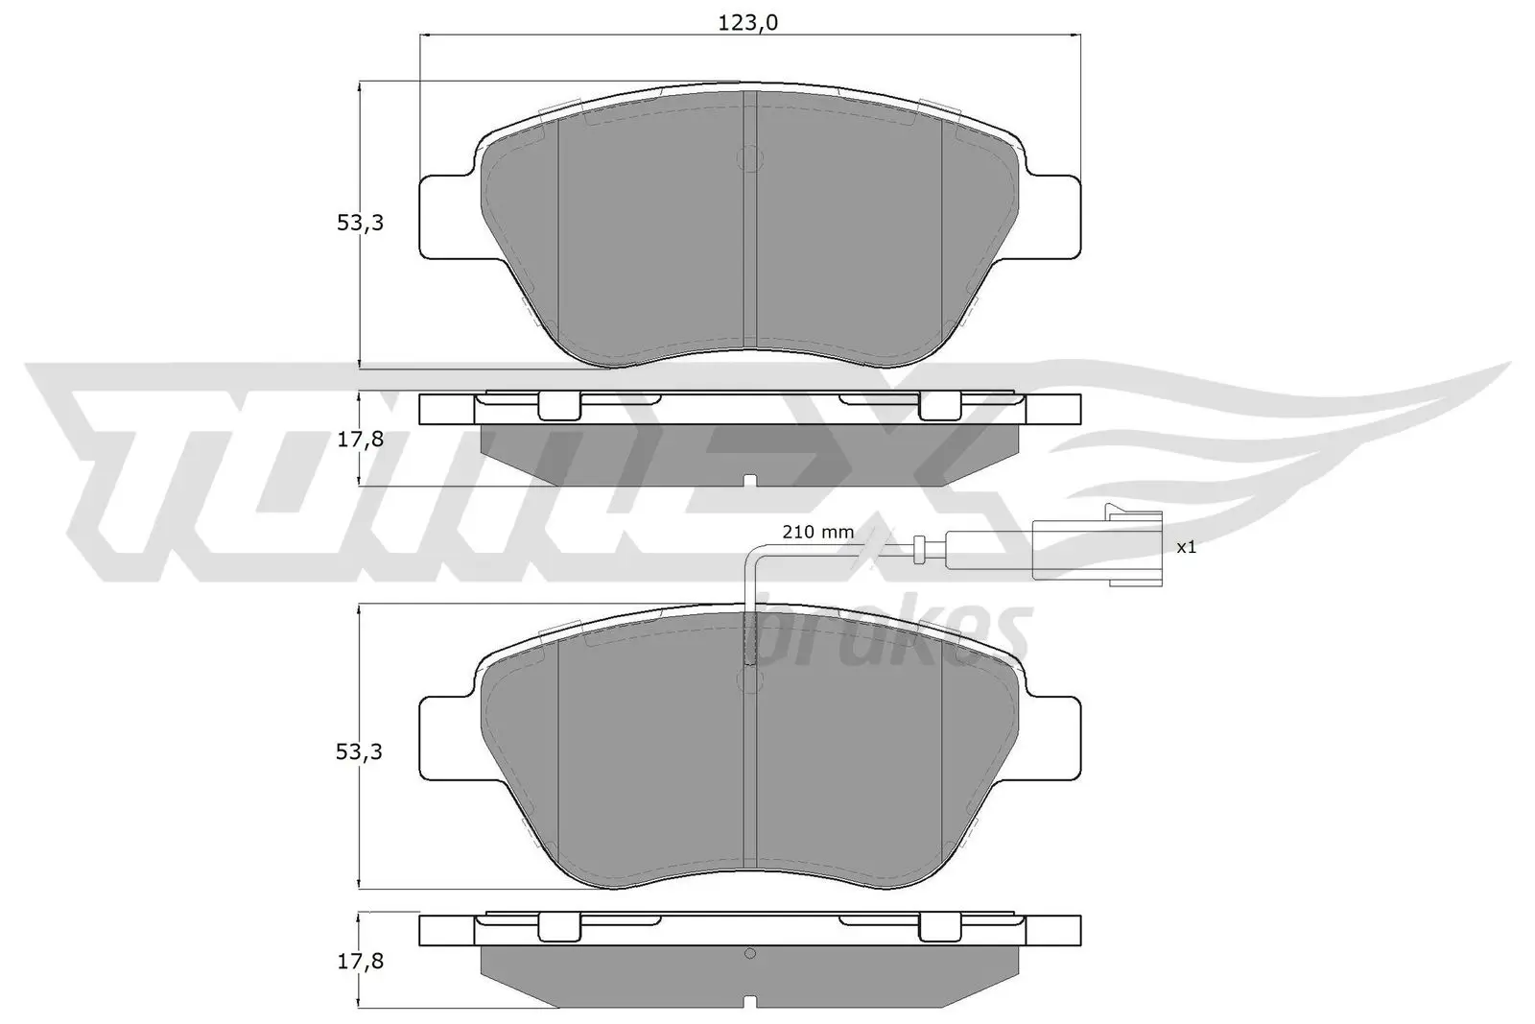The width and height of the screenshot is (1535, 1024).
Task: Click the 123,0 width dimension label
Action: tap(748, 24)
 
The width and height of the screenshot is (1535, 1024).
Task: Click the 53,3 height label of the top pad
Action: tap(360, 223)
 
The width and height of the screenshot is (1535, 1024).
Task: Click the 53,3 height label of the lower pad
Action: tap(360, 751)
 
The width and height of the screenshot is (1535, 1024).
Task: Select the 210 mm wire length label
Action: tap(817, 532)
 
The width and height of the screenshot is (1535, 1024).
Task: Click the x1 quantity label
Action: tap(1186, 547)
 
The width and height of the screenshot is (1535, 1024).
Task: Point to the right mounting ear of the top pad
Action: tap(1055, 217)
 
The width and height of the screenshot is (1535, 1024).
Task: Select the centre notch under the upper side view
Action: tap(750, 480)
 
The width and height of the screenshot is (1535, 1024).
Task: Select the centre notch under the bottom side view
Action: tap(750, 1003)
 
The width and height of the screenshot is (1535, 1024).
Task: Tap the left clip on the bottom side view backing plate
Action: tap(558, 927)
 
